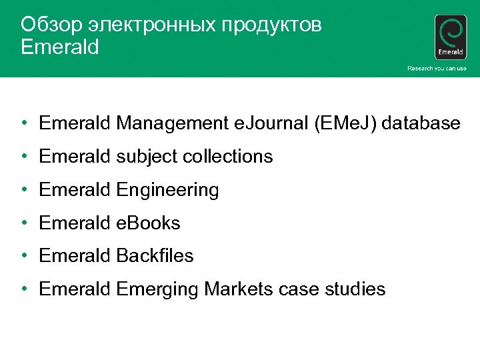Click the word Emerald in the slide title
(x=60, y=47)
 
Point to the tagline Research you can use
(x=437, y=69)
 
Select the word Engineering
(x=167, y=190)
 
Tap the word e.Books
(x=148, y=223)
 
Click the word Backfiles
(x=155, y=256)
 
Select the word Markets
(x=239, y=289)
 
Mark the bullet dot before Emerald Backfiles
(x=24, y=256)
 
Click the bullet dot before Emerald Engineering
(x=24, y=190)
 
